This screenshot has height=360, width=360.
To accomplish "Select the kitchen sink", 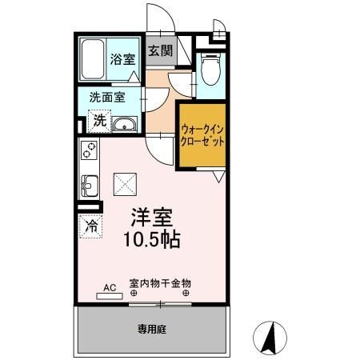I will coord(88,186).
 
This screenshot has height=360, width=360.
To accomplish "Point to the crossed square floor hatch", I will coord(125,185).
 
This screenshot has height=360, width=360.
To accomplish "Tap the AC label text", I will coord(110,285).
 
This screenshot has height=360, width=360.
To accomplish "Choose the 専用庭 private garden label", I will coord(150,328).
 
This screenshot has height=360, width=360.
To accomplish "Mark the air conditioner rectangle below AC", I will coord(109,294).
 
